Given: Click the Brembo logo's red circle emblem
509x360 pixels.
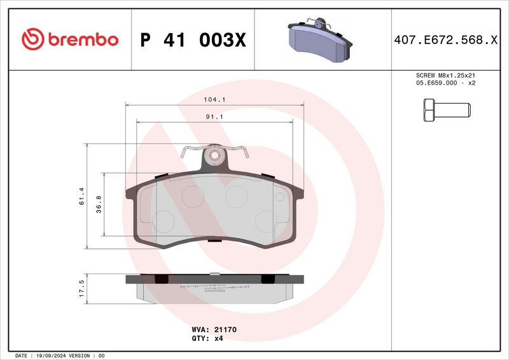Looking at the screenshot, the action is point(33,39).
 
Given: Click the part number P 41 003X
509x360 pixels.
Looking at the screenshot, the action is point(193,40).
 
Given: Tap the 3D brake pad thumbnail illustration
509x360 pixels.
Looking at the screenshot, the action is point(320,39).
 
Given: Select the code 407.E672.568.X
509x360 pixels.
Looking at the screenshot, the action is point(446,40).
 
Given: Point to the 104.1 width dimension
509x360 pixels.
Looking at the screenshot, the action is point(214,100).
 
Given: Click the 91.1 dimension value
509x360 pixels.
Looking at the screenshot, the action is point(214,116).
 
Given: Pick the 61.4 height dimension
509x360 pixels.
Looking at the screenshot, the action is point(81,196).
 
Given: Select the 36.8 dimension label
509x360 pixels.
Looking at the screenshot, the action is point(99,204).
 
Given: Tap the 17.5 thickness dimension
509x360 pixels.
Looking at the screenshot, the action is point(81,288).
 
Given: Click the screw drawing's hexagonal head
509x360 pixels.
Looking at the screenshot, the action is point(429,110).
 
